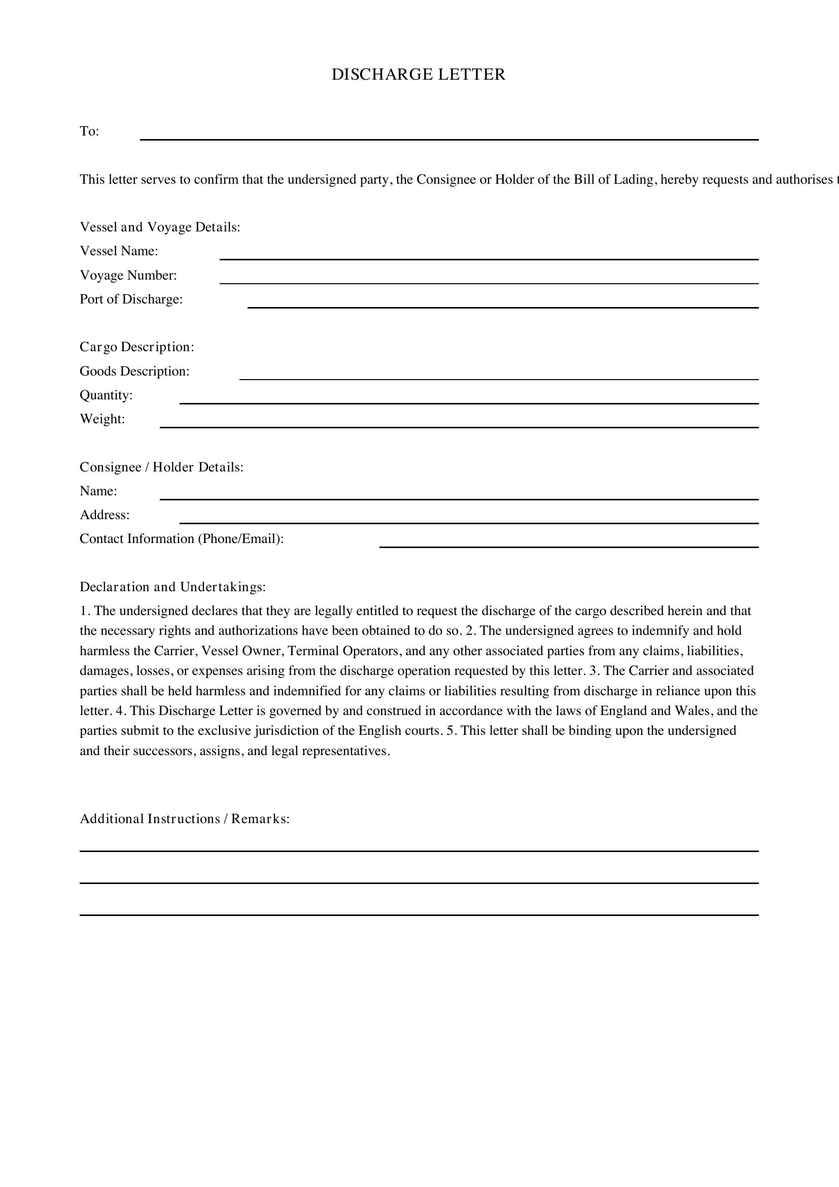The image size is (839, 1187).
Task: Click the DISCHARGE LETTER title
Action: click(418, 75)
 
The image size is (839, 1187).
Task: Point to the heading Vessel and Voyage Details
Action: click(160, 227)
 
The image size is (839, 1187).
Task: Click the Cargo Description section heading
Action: click(137, 347)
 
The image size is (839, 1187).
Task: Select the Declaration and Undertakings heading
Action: click(172, 587)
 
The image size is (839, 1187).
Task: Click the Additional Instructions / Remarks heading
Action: click(185, 819)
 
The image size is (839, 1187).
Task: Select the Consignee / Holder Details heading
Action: click(161, 467)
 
